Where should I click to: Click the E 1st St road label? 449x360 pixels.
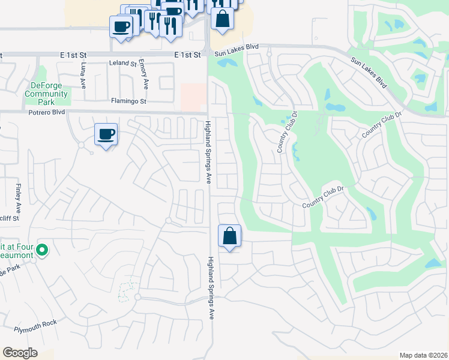click(187, 55)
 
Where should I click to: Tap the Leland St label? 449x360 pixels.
click(123, 63)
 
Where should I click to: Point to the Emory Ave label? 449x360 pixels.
click(145, 71)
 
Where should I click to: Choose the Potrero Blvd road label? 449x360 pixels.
click(45, 112)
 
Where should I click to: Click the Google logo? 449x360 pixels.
click(20, 353)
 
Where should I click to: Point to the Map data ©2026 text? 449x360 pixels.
click(423, 355)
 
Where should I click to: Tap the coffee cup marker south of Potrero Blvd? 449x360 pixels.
click(106, 135)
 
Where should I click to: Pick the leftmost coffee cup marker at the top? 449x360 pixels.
click(121, 27)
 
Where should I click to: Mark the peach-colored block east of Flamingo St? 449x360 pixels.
click(193, 96)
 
